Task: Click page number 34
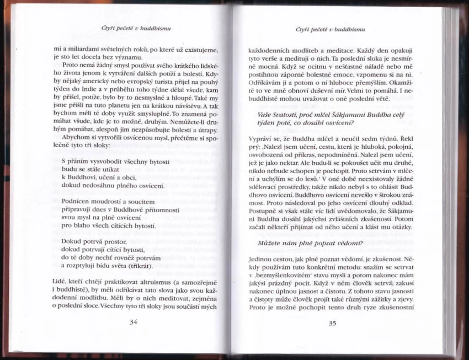tap(132, 323)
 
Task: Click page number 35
tap(332, 324)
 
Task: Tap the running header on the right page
tap(332, 29)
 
